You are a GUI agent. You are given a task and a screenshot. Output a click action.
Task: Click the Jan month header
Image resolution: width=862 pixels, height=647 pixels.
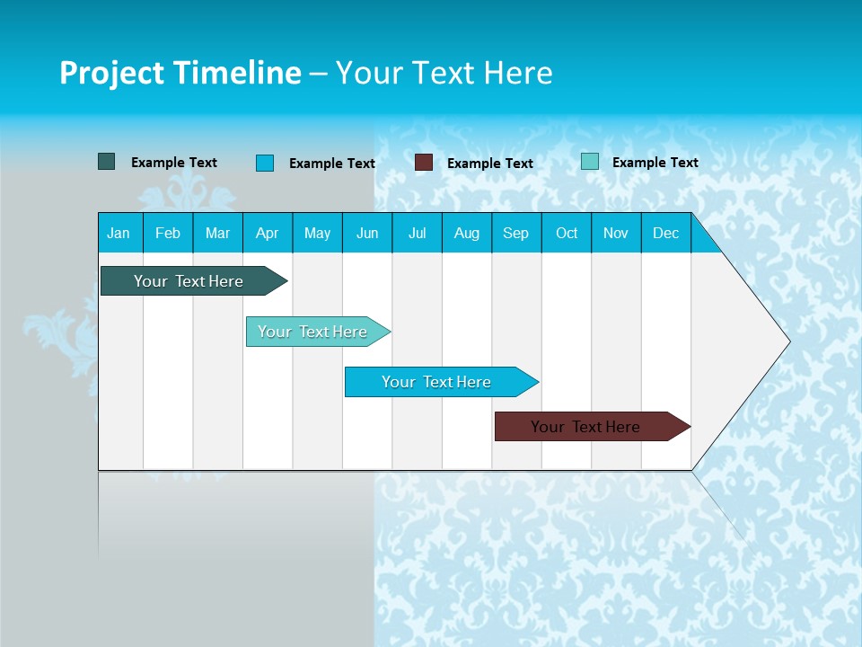pos(119,234)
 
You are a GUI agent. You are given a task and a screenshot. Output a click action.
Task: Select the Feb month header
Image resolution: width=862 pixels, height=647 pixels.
pos(168,234)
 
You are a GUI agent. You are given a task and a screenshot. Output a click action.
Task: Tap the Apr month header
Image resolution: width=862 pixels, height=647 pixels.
pos(267,234)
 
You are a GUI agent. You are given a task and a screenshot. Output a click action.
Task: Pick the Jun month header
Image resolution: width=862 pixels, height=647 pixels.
pos(367,234)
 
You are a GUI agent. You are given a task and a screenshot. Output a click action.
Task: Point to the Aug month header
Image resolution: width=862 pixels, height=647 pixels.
pos(466,234)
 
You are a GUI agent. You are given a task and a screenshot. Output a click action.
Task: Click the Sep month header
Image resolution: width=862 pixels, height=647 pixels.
pos(515,234)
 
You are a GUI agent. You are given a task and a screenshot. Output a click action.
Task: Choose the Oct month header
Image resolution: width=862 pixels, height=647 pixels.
pos(567,234)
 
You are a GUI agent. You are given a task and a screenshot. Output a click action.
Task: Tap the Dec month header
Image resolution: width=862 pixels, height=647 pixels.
pos(665,234)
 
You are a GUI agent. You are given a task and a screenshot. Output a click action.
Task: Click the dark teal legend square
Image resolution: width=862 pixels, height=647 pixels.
pos(107,162)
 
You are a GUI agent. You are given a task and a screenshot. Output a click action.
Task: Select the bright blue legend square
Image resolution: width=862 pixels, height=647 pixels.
pos(265,163)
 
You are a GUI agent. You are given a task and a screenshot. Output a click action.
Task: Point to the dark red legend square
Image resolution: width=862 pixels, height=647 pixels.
pos(424,163)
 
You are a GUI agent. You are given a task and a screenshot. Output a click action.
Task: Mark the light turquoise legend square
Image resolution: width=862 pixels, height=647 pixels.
pos(590,162)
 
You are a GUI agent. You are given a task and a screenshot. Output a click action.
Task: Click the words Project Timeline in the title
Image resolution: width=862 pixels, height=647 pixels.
pos(180,73)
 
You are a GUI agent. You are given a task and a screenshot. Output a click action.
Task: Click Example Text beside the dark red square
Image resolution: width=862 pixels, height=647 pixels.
pos(489,164)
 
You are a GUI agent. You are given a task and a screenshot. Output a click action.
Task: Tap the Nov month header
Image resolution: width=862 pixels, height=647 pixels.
pos(616,234)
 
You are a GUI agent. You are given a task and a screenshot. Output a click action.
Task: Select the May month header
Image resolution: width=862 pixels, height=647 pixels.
pos(317,234)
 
